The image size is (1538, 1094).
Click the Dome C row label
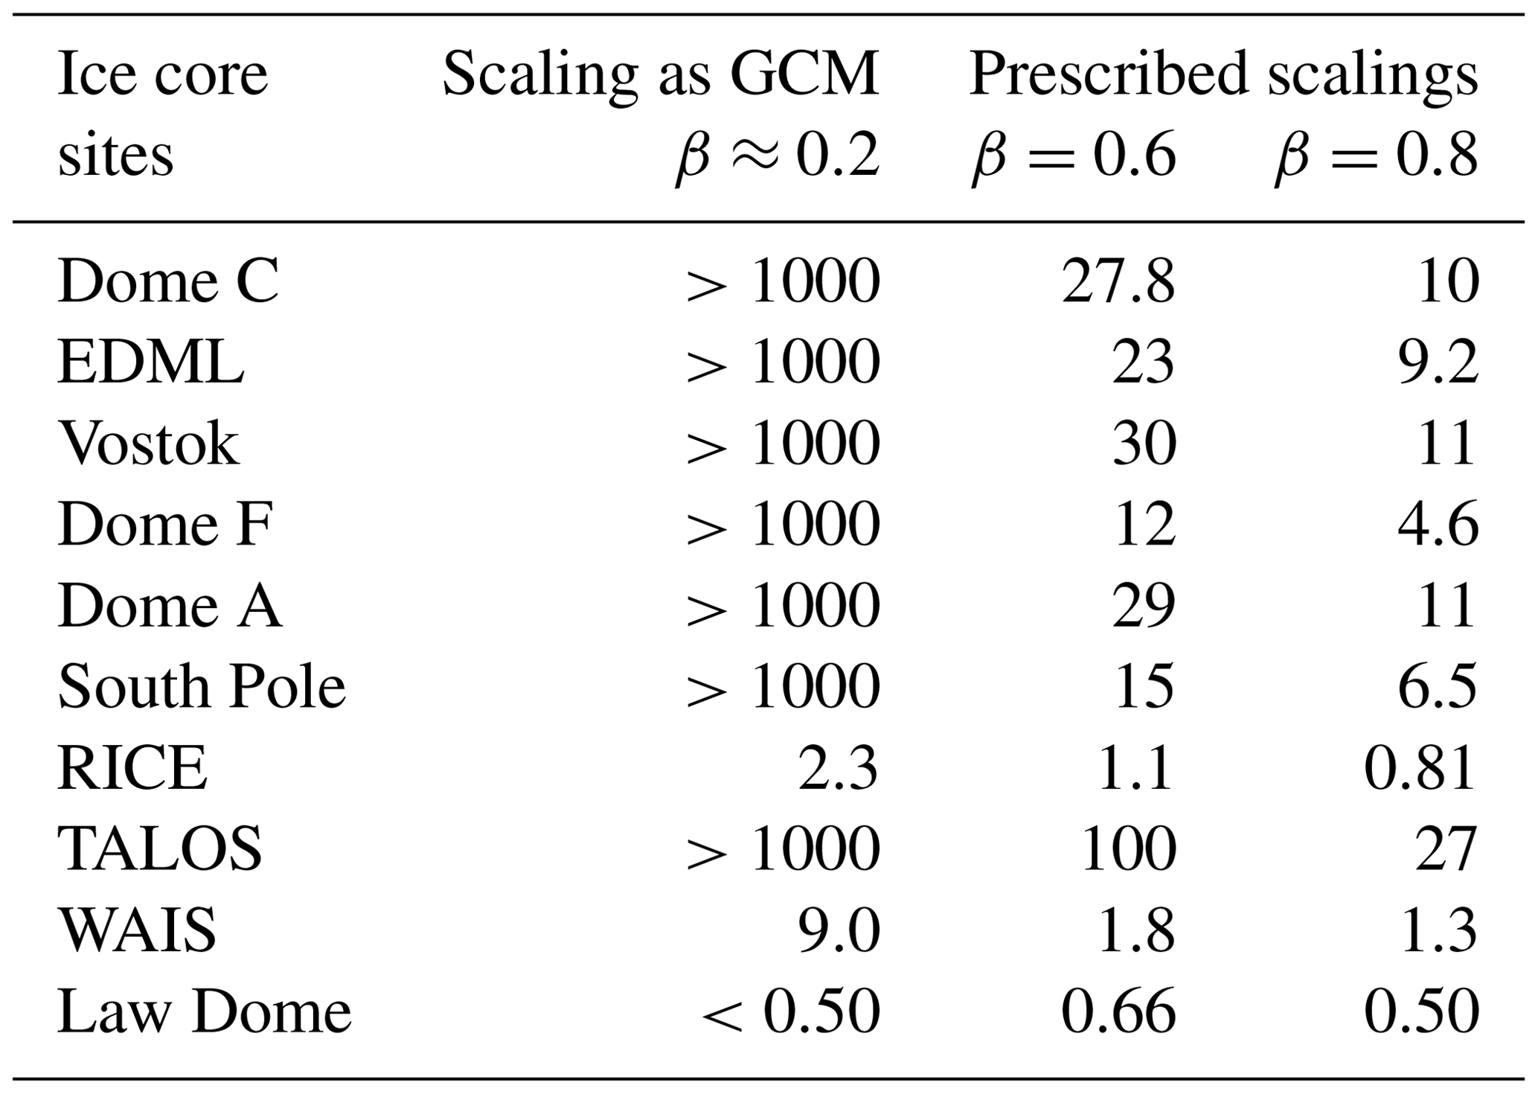168,282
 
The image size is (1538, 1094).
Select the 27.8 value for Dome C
1118,282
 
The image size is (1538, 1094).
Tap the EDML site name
151,363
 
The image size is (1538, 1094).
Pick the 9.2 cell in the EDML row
1438,363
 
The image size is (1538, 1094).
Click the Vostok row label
149,444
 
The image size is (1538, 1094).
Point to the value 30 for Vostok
1144,444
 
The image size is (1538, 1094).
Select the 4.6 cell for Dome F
1438,525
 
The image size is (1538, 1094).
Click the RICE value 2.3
839,768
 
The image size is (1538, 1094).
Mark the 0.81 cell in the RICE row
1420,768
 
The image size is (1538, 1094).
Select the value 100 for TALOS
1128,849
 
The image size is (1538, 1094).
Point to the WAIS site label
138,930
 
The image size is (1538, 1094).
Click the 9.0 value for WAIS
839,930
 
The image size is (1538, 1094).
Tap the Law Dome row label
204,1011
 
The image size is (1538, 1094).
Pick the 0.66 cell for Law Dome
1118,1011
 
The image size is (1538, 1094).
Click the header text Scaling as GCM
661,74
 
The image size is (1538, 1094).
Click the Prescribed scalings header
1223,74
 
